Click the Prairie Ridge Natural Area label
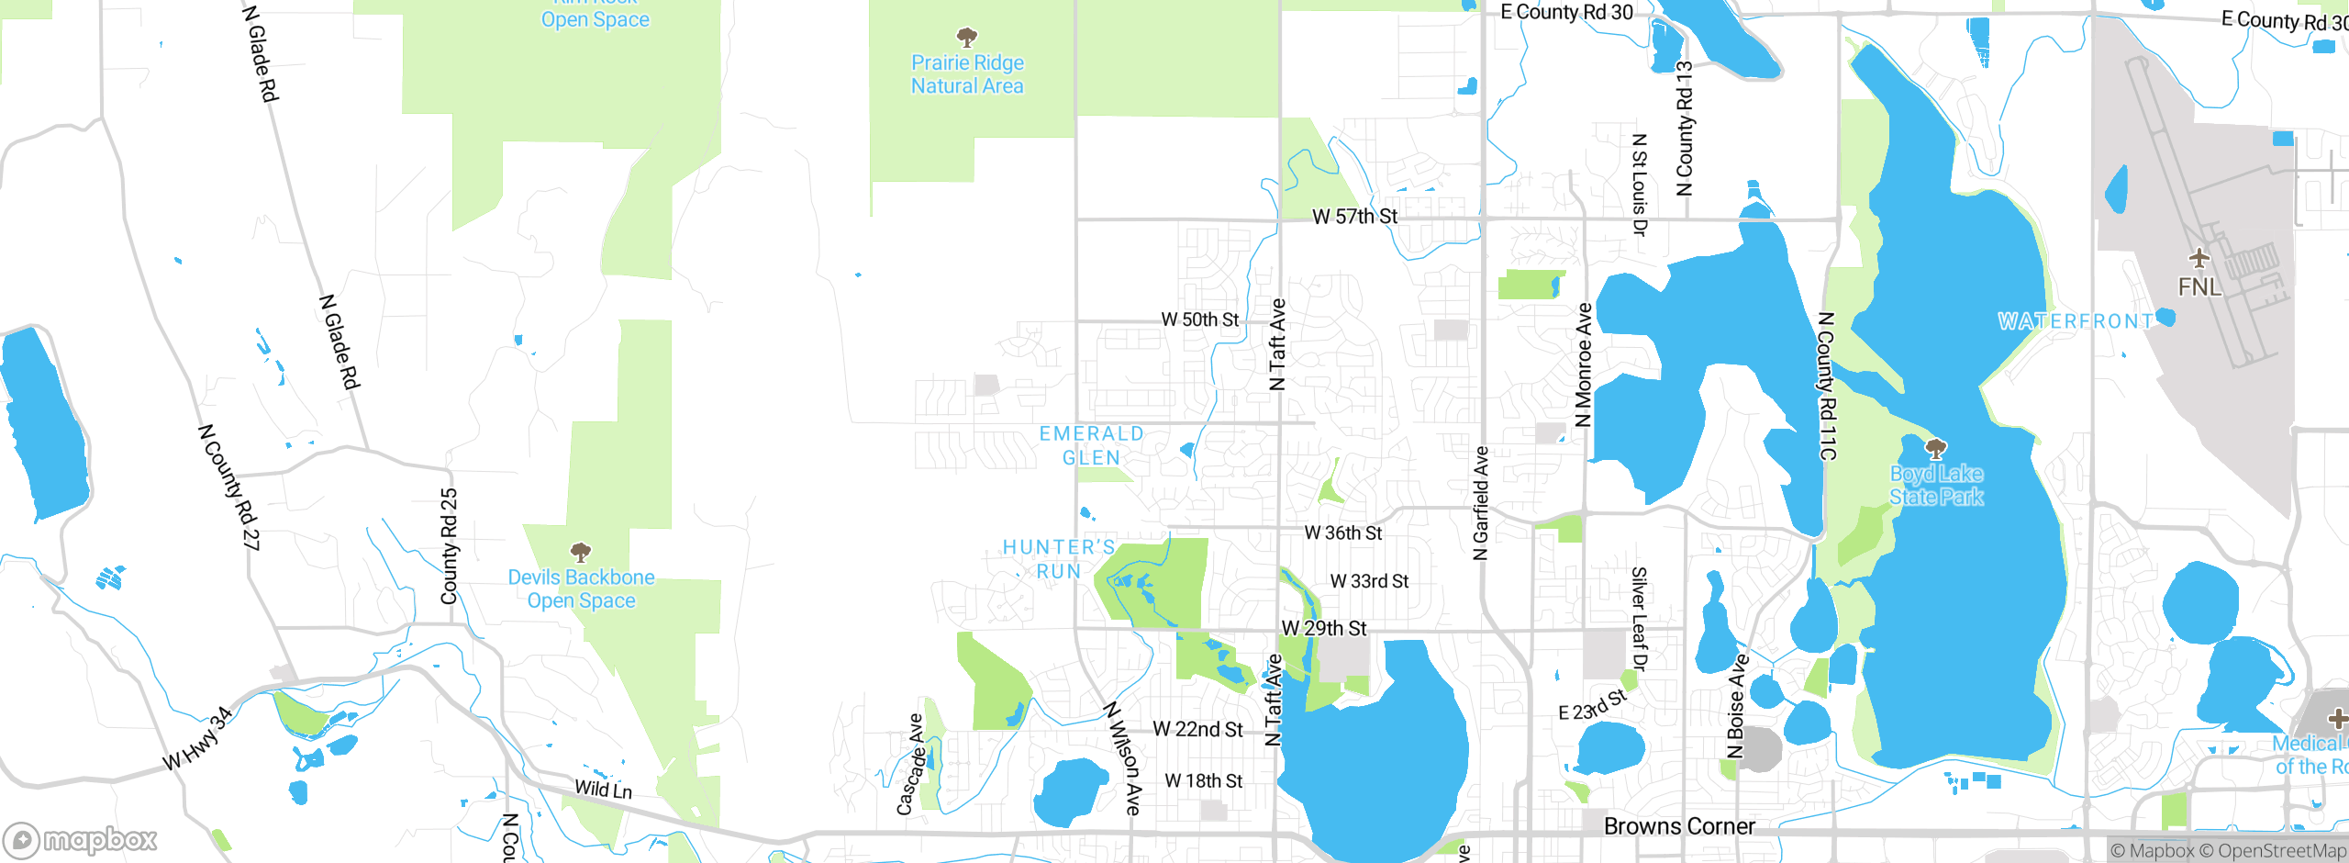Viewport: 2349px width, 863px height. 967,74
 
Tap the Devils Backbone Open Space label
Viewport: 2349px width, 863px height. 581,588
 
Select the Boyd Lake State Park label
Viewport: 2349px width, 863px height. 1936,485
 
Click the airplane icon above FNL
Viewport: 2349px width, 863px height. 2199,257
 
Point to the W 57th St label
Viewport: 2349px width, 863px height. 1354,217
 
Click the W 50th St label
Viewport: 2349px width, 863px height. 1199,319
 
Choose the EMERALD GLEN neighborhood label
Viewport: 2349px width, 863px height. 1091,445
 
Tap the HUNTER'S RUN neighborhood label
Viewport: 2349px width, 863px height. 1059,558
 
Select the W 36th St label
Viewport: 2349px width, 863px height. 1342,532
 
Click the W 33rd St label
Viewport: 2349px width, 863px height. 1369,581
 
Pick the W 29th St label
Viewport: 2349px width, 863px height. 1323,628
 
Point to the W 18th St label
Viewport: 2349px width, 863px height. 1203,780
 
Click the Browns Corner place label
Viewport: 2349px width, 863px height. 1678,826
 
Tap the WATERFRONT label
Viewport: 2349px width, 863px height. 2076,321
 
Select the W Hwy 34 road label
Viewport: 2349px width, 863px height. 197,740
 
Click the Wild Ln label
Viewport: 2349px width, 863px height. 603,789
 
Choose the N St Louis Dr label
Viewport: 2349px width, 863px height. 1639,185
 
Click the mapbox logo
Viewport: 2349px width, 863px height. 80,839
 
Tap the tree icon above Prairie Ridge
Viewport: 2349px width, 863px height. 966,38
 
